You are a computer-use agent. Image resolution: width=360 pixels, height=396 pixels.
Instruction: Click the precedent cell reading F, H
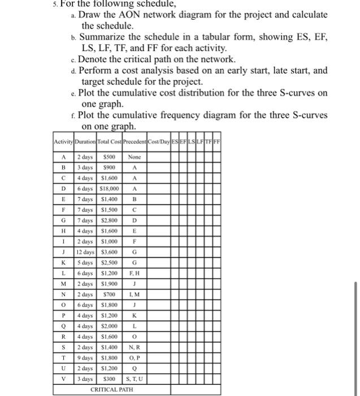pyautogui.click(x=135, y=273)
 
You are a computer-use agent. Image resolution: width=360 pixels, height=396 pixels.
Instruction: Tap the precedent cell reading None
pyautogui.click(x=135, y=157)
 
